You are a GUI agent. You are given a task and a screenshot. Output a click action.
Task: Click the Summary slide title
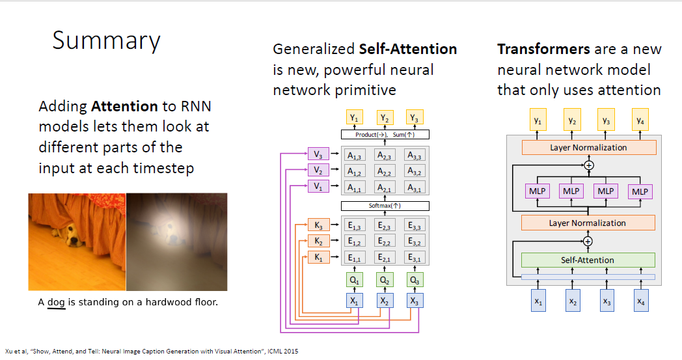coord(106,40)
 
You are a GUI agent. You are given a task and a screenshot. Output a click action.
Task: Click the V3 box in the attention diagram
coord(317,155)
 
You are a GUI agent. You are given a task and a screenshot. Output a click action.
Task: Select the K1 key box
coord(317,258)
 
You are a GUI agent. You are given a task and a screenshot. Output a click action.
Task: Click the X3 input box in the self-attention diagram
coord(415,301)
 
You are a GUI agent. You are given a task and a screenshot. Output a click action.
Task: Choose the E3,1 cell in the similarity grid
coord(415,258)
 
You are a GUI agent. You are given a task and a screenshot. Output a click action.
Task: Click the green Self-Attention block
coord(588,260)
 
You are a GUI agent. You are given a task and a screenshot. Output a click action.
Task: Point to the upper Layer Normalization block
coord(588,148)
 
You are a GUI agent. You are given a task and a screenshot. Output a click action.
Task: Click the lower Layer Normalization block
coord(588,223)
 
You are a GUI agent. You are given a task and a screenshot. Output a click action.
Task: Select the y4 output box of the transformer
coord(641,121)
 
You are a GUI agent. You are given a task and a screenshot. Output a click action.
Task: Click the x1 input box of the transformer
coord(538,302)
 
